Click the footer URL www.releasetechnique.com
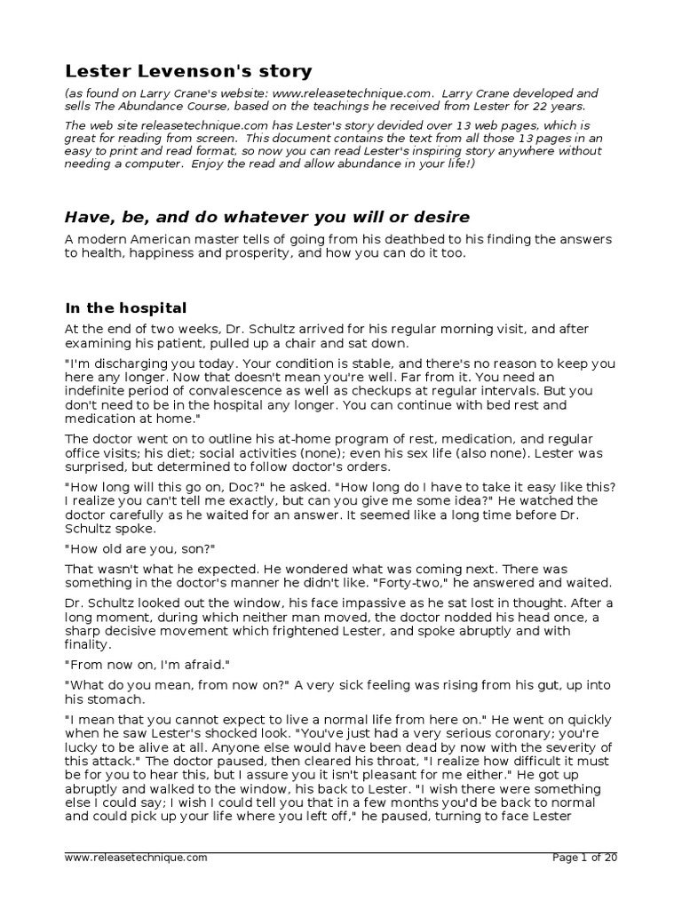(136, 858)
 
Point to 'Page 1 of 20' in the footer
(584, 858)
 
